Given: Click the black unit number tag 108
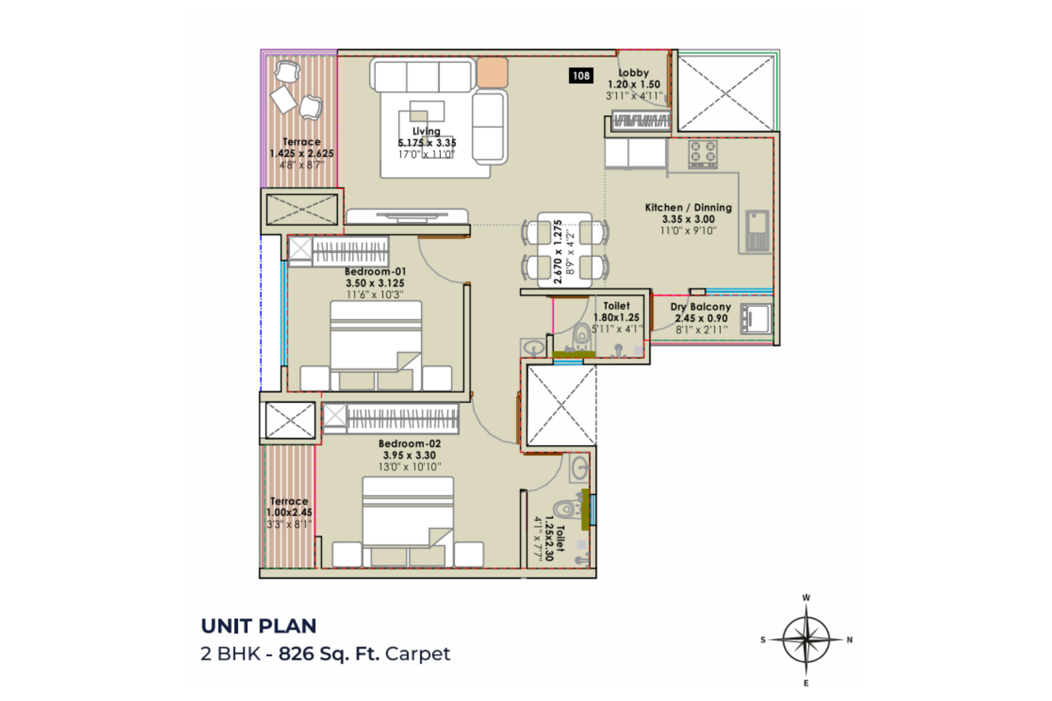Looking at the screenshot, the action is pos(581,76).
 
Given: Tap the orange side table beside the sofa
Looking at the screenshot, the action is pos(492,72).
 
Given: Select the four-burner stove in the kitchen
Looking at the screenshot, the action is pos(703,154).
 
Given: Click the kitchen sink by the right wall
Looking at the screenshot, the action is pos(757,231).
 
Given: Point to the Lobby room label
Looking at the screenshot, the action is pos(634,73).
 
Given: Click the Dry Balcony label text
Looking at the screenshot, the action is pos(701,307).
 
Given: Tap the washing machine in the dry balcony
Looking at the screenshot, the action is pos(755,319).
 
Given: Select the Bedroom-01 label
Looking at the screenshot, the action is pos(375,272).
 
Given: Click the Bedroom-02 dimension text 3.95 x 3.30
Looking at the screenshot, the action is pos(410,455).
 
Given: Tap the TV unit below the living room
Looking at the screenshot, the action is pos(407,216).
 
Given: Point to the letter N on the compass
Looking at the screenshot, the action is pos(849,639).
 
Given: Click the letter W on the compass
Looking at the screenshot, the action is pos(806,598).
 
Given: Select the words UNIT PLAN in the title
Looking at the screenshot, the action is pos(259,626).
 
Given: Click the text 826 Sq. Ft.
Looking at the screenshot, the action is pos(329,653).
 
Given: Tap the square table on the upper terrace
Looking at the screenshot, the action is pos(283,99).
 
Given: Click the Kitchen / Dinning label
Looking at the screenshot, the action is pos(688,208).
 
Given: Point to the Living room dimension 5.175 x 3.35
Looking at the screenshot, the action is pos(427,143).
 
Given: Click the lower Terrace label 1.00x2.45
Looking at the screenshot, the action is pos(289,512).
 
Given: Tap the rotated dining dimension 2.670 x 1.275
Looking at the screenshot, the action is pos(558,252).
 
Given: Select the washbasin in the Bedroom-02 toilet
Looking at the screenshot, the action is pos(580,468).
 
